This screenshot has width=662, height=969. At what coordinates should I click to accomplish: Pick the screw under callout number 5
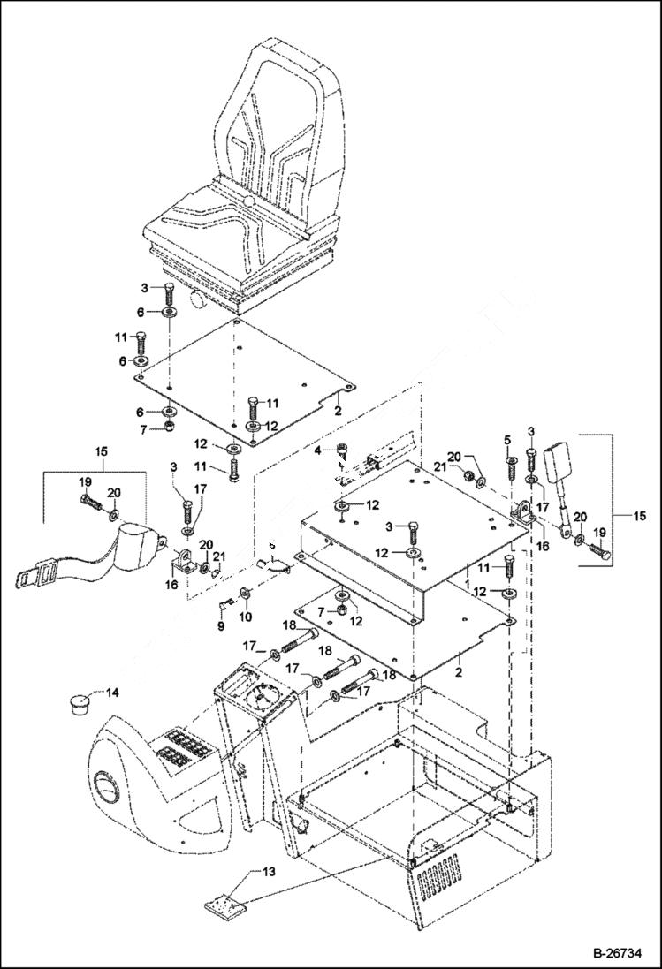(x=511, y=464)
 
